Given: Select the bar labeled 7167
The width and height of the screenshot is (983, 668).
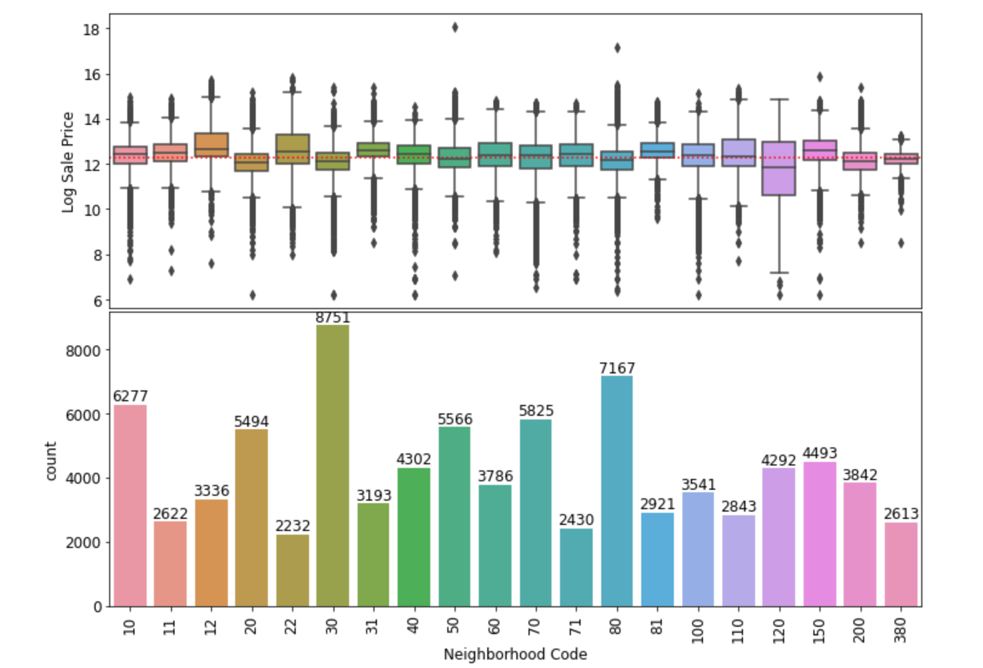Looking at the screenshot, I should [617, 491].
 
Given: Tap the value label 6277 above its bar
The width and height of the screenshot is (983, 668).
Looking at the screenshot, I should [130, 396].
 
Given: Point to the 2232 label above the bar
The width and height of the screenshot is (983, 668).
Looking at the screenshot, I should [293, 526].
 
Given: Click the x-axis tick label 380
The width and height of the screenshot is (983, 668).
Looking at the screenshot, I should [901, 626].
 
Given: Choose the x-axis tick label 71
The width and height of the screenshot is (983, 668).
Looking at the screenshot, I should [576, 626].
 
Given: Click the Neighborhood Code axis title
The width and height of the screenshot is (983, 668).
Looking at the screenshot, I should [515, 655].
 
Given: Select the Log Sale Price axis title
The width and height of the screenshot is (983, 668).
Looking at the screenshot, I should [67, 162].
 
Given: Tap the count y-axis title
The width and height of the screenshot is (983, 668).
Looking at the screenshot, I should [50, 461].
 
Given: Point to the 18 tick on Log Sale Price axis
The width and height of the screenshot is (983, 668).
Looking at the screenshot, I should [92, 29].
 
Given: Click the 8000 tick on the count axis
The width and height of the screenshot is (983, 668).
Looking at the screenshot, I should [84, 351].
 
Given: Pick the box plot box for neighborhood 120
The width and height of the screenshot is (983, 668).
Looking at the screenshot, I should [779, 169].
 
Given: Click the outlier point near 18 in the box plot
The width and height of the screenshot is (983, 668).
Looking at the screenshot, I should [455, 27].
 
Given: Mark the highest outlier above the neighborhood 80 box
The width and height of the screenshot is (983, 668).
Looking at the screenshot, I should [617, 48].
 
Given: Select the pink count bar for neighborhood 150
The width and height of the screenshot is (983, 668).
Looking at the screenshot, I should [819, 533].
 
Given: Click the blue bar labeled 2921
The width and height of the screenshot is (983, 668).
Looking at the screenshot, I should [658, 559].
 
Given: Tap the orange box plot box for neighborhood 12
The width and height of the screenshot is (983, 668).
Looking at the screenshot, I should [212, 145].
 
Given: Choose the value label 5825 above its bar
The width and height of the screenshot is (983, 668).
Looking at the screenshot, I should [536, 411].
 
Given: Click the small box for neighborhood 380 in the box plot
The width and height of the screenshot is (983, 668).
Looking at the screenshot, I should [901, 159].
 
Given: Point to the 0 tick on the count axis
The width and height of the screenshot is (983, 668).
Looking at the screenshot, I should [98, 607].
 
